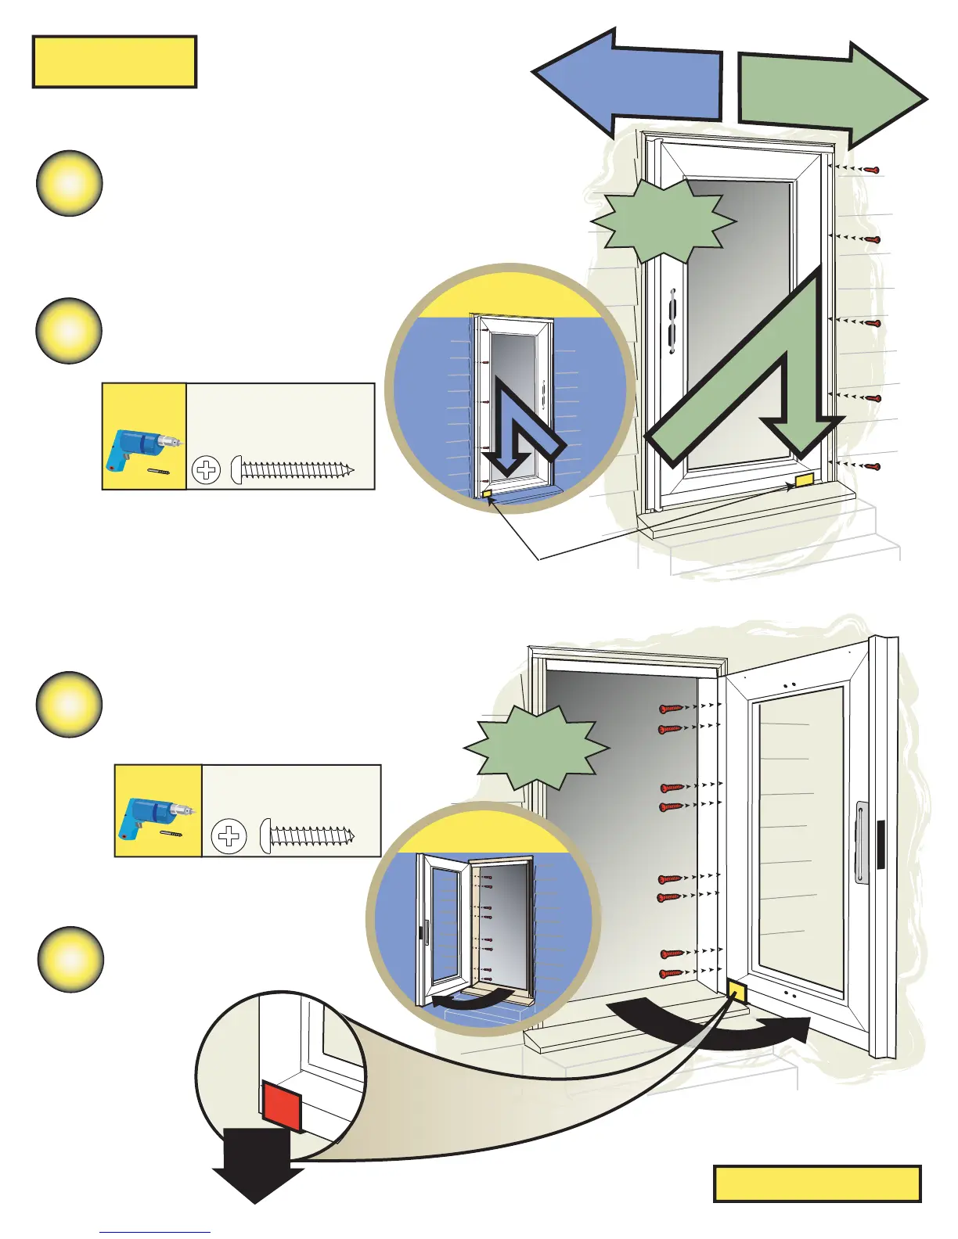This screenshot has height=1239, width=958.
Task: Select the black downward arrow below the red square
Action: pyautogui.click(x=257, y=1165)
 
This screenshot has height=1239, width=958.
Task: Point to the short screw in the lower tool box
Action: pyautogui.click(x=308, y=835)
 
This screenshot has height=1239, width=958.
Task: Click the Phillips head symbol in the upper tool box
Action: pyautogui.click(x=207, y=470)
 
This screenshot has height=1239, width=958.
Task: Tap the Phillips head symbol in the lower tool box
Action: pyautogui.click(x=229, y=836)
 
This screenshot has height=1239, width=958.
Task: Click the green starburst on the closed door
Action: pyautogui.click(x=664, y=221)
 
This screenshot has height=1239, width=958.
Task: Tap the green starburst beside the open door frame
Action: pyautogui.click(x=537, y=747)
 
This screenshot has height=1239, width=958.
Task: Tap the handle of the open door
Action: pyautogui.click(x=862, y=842)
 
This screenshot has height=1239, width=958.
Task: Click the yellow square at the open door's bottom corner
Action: pyautogui.click(x=737, y=992)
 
